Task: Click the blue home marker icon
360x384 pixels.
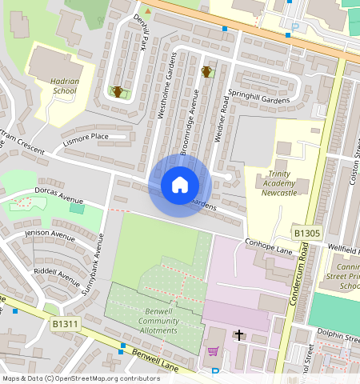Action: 180,185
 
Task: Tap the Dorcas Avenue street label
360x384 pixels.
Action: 58,194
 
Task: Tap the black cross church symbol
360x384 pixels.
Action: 238,336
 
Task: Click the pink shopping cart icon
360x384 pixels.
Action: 213,350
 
